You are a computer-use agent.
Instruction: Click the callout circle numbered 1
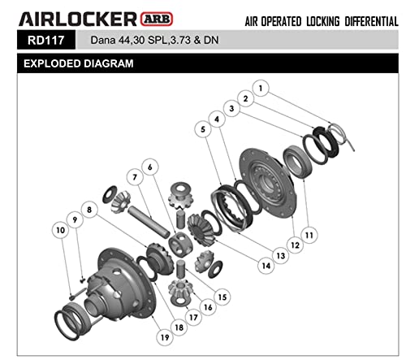click(261, 87)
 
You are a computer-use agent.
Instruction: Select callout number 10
click(58, 231)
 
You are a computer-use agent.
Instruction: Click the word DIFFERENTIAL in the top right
click(357, 20)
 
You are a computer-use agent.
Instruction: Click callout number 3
click(231, 107)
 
